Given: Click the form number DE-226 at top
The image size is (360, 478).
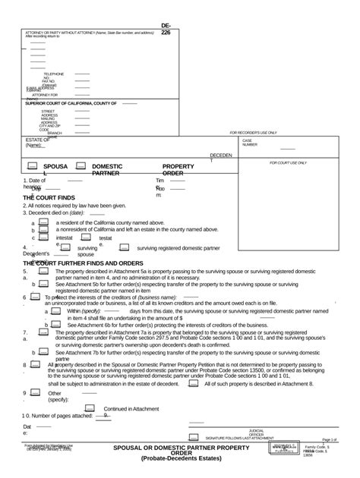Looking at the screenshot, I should tap(166, 30).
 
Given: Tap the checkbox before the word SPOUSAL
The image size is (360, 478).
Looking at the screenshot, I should tap(33, 165).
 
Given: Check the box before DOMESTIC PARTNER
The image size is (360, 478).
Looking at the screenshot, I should tap(81, 165).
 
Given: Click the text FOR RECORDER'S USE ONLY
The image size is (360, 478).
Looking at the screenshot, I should tap(253, 132).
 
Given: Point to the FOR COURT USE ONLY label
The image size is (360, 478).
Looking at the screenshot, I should tap(288, 163).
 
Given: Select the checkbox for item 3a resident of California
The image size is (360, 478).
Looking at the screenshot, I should tap(44, 222).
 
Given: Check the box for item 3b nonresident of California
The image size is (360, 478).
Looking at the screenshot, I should tap(44, 230).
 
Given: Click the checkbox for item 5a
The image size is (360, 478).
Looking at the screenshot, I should tap(44, 271).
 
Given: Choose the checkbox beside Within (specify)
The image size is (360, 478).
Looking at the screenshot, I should tap(56, 310).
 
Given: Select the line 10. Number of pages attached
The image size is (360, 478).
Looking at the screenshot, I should tap(58, 417).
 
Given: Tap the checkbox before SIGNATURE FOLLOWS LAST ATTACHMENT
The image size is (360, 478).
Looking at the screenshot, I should tap(194, 438).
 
